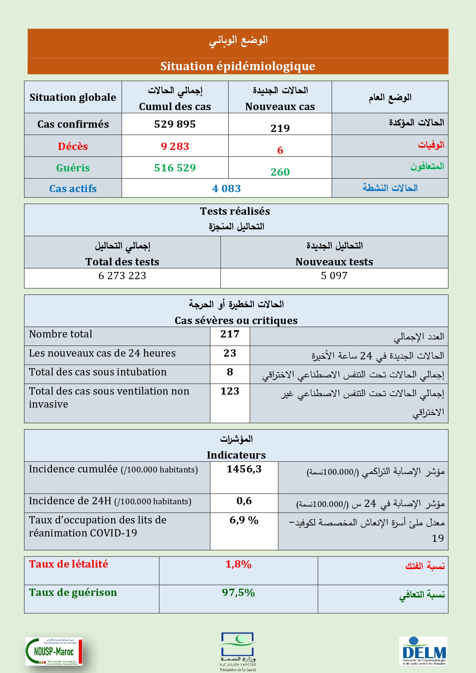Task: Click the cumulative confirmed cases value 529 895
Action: (x=175, y=124)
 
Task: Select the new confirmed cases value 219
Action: (x=280, y=128)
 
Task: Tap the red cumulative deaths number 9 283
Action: (x=175, y=146)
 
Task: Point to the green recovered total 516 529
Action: (x=175, y=168)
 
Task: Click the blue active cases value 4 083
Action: (x=226, y=189)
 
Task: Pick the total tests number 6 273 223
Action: (x=122, y=276)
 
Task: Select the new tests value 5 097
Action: (x=334, y=276)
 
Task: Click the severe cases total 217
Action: (x=230, y=334)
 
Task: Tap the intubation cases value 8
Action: (x=230, y=372)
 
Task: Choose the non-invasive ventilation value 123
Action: (x=230, y=391)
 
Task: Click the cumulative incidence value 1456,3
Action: (x=244, y=469)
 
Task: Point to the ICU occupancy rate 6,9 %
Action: (x=244, y=520)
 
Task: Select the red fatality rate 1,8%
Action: (x=238, y=564)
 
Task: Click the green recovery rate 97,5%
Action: (x=238, y=593)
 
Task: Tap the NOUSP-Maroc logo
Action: (x=54, y=651)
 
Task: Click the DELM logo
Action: (x=423, y=651)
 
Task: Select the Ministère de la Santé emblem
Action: (x=238, y=651)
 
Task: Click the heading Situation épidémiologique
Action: (x=238, y=66)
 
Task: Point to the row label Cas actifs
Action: (x=73, y=189)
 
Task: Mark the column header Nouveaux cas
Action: (x=280, y=107)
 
